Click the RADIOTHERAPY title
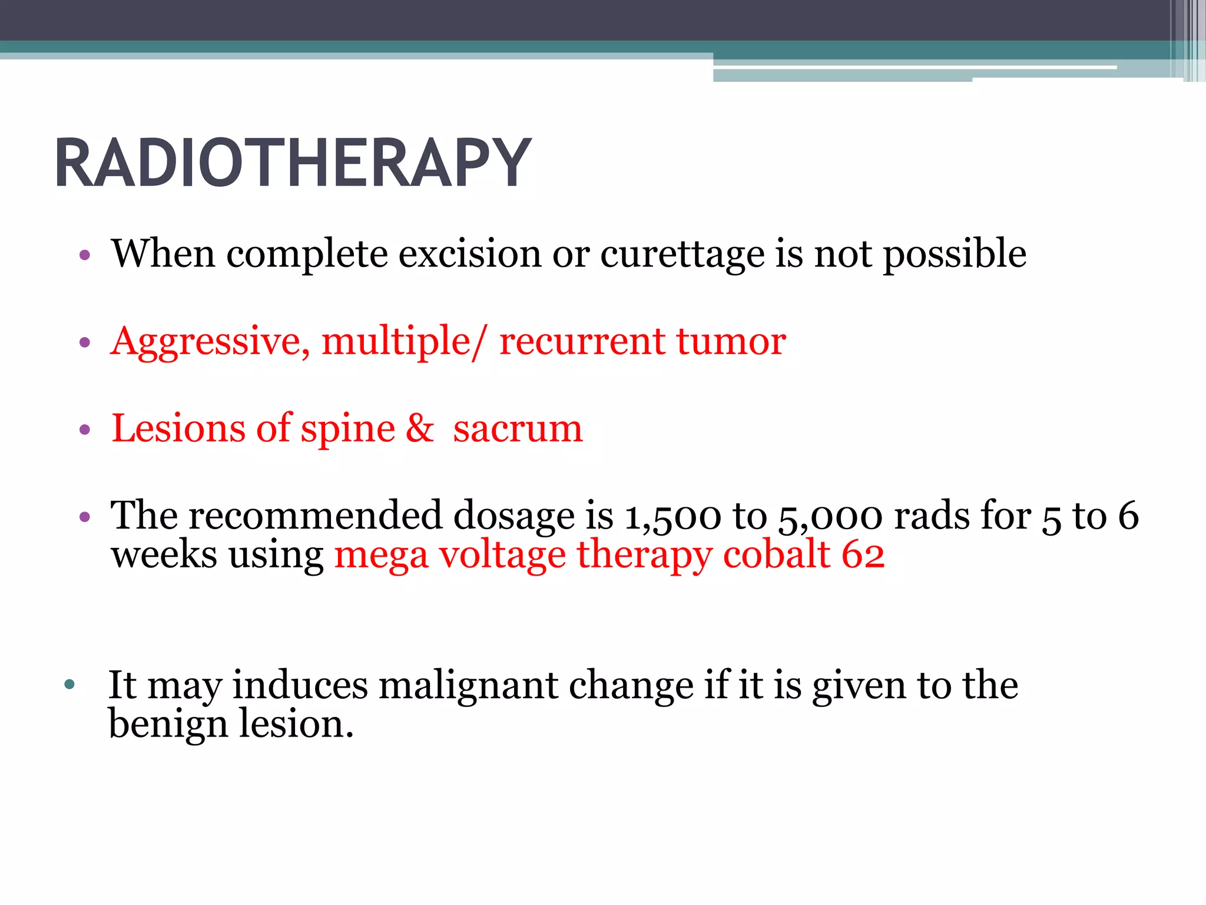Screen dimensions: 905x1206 (x=293, y=163)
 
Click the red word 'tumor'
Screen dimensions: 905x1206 (x=730, y=342)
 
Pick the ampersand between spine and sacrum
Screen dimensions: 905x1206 (x=419, y=428)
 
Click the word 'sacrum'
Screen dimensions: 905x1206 (x=518, y=429)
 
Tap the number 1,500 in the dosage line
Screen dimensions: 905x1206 (x=672, y=517)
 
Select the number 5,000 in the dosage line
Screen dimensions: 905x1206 (x=830, y=517)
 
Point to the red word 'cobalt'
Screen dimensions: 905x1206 (x=776, y=554)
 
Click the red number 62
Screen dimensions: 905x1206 (x=863, y=554)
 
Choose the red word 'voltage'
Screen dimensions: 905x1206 (x=502, y=556)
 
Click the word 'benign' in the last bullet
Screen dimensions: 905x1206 (x=168, y=725)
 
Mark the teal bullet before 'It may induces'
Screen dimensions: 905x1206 (x=70, y=685)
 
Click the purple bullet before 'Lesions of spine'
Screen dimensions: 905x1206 (x=85, y=430)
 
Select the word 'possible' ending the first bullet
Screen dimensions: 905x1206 (x=955, y=255)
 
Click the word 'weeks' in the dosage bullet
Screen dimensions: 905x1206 (x=164, y=554)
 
